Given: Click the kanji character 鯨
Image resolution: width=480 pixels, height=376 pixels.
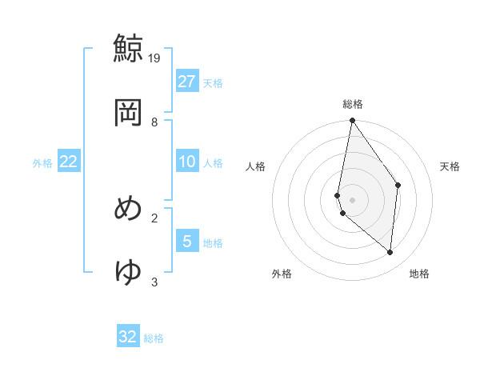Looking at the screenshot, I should tap(128, 47).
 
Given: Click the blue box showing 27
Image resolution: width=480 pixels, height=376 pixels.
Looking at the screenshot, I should tap(187, 82).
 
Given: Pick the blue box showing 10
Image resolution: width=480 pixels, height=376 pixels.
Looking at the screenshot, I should tap(187, 162).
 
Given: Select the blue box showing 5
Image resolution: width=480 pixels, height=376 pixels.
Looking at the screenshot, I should tap(187, 242).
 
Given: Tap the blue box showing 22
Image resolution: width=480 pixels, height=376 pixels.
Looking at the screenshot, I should tap(69, 162).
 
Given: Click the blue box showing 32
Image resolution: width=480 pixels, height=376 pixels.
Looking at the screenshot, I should tap(128, 337).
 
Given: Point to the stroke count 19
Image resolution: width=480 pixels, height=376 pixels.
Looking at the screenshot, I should tap(155, 58).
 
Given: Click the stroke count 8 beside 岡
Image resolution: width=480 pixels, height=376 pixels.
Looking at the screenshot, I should tap(154, 122).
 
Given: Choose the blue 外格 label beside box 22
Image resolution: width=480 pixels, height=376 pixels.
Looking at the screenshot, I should tap(42, 162).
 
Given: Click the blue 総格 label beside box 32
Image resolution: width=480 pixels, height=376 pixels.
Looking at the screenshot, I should tap(154, 338).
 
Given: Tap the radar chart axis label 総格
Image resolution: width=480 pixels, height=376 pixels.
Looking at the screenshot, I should tap(353, 104).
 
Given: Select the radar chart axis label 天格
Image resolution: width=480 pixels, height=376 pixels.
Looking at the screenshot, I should tap(450, 166).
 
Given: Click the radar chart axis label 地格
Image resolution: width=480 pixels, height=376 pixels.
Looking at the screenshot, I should tap(419, 274).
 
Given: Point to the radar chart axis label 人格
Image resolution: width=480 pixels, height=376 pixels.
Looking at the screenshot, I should tap(256, 166).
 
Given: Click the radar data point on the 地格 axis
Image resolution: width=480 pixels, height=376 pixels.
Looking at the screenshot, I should tap(390, 252).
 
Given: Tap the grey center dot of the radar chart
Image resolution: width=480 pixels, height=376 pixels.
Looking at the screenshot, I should tap(353, 199).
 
